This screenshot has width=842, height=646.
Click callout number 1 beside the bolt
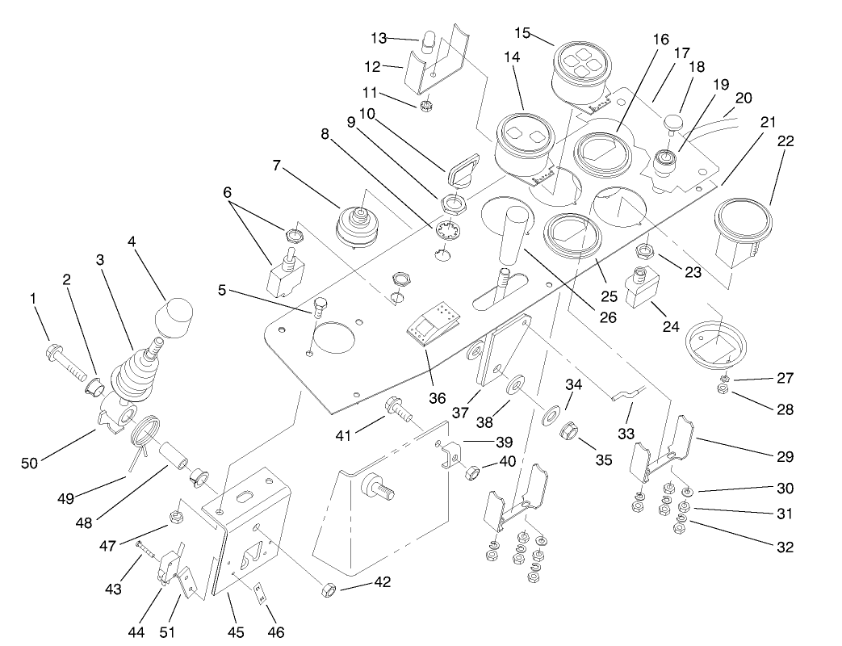click(x=33, y=298)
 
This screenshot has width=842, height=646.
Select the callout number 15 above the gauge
click(x=523, y=33)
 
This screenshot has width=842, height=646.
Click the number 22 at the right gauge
click(x=785, y=141)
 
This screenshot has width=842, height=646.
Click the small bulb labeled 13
click(x=429, y=40)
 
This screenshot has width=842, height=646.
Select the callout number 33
click(x=627, y=434)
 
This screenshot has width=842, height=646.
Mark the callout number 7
click(x=276, y=166)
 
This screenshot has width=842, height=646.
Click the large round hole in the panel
click(x=333, y=338)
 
